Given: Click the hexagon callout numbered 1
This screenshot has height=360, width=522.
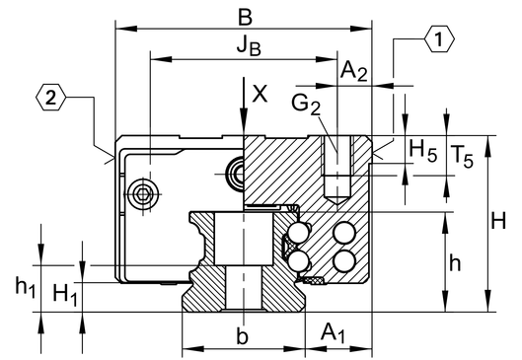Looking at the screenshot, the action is pos(439,38).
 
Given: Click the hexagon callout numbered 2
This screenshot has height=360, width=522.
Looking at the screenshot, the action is pos(50,98).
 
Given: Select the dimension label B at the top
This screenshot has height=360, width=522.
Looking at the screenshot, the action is pos(246,17).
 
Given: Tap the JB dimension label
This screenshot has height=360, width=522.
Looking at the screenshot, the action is pos(249,45).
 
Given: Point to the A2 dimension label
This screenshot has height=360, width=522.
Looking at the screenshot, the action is pos(353,71).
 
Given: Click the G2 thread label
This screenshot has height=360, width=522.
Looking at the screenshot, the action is pos(306,104).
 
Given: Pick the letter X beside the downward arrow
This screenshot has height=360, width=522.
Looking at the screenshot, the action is pos(260,94).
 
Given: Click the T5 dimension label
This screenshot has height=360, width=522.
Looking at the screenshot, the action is pos(462,156).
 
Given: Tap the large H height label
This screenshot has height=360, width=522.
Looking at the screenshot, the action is pos(498,220).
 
